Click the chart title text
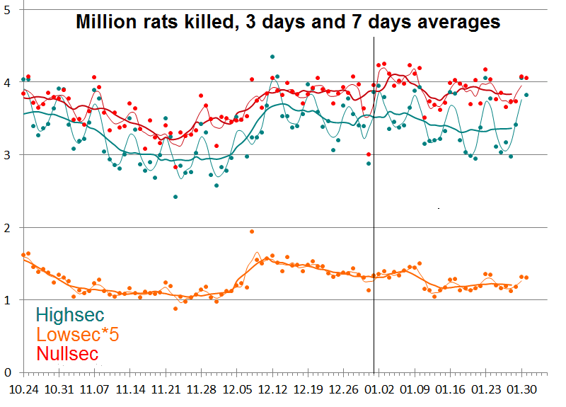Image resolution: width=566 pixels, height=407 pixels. (x=288, y=22)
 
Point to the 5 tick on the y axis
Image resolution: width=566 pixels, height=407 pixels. (x=8, y=9)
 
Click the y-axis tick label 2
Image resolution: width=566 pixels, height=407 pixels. (x=8, y=227)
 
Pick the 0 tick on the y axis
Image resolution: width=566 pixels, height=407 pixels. (x=8, y=372)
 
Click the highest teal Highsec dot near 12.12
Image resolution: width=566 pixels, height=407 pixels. (x=272, y=57)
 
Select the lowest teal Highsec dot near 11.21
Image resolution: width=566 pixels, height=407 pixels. (x=175, y=196)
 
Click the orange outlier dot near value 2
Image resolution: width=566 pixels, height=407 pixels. (x=252, y=231)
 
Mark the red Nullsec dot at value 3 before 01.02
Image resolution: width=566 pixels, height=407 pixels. (x=369, y=154)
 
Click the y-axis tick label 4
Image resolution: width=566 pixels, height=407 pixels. (x=8, y=82)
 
